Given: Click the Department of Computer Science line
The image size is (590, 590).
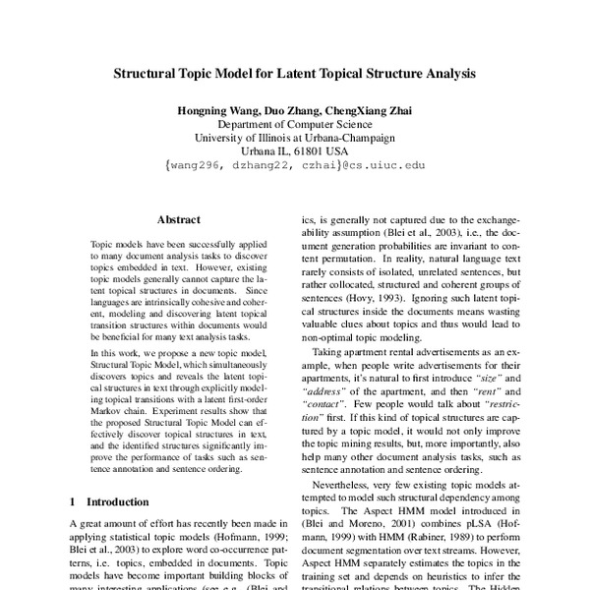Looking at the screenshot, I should pyautogui.click(x=295, y=127).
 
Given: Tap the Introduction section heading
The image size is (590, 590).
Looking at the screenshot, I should pyautogui.click(x=121, y=501).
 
